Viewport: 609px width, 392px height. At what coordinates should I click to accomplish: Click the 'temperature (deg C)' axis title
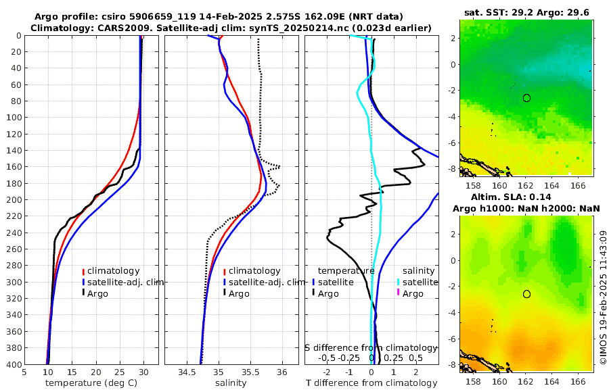coord(91,383)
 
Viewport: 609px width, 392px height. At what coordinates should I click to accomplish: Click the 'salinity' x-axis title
coord(230,383)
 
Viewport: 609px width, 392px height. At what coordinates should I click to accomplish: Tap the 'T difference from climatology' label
coord(371,383)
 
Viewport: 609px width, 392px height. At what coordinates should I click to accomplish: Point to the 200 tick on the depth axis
coord(13,199)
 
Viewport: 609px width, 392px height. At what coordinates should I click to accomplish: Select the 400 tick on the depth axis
coord(13,364)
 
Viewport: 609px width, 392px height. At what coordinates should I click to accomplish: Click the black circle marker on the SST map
coord(526,98)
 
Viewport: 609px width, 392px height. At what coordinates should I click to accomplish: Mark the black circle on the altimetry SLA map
coord(526,294)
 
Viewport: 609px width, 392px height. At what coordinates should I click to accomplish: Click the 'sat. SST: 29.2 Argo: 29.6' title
coord(526,12)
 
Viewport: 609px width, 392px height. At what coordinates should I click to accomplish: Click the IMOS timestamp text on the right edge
coord(603,297)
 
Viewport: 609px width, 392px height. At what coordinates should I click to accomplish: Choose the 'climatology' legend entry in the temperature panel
coord(113,271)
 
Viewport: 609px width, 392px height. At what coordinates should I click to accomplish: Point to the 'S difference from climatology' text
coord(371,347)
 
